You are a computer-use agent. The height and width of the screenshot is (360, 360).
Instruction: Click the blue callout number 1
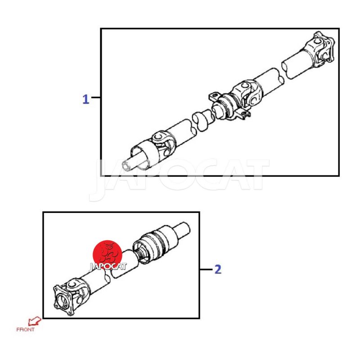pyautogui.click(x=85, y=99)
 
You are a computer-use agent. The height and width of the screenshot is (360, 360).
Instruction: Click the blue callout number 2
pyautogui.click(x=218, y=269)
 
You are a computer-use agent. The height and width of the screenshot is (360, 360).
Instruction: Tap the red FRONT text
pyautogui.click(x=25, y=329)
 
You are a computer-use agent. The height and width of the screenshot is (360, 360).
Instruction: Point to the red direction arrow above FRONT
pyautogui.click(x=35, y=321)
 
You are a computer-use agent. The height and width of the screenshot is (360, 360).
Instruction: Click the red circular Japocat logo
pyautogui.click(x=107, y=255)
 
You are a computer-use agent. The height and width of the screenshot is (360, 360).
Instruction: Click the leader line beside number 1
pyautogui.click(x=96, y=97)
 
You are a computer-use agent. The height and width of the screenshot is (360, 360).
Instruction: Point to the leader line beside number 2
pyautogui.click(x=206, y=269)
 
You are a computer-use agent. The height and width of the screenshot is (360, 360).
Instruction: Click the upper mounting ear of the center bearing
pyautogui.click(x=215, y=96)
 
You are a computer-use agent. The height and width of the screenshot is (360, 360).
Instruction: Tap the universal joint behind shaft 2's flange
pyautogui.click(x=78, y=290)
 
